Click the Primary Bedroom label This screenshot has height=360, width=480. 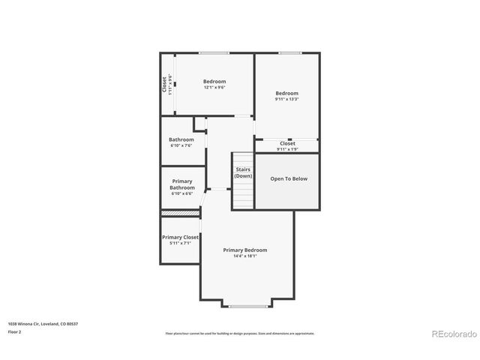(x=244, y=250)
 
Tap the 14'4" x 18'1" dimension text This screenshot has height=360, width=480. (x=244, y=256)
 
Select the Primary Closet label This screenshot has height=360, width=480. (x=180, y=237)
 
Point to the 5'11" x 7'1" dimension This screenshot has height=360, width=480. (x=180, y=243)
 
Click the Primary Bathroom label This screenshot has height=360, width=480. (x=182, y=184)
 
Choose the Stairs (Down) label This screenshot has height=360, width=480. (x=243, y=172)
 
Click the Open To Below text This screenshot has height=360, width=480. (x=289, y=178)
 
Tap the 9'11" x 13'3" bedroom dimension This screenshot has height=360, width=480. (x=287, y=99)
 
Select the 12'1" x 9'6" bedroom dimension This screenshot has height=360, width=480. (x=214, y=87)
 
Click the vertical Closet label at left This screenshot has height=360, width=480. (x=164, y=84)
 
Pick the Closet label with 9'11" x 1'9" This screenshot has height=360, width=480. (x=287, y=143)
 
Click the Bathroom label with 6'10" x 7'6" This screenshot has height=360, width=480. (x=181, y=139)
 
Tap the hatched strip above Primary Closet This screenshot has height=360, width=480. (x=180, y=214)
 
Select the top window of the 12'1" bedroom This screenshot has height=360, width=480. (x=214, y=52)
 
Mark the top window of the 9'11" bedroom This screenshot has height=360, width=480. (x=289, y=52)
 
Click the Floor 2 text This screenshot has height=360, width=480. (x=15, y=331)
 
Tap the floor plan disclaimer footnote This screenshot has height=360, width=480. (x=239, y=333)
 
